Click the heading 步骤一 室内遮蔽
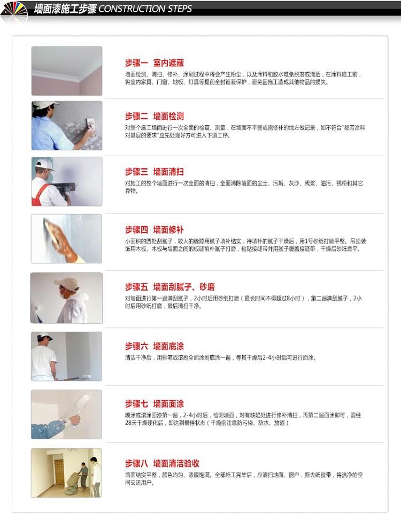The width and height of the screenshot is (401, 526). (x=154, y=63)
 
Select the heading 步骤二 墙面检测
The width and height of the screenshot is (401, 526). (x=154, y=117)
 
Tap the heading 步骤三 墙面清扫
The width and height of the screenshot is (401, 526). (x=154, y=172)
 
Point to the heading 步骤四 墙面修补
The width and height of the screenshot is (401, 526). (x=154, y=230)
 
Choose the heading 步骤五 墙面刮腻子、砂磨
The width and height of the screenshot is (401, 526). (x=169, y=287)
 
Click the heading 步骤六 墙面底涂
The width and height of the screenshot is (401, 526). (x=154, y=346)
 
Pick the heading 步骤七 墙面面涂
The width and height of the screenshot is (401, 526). (x=154, y=404)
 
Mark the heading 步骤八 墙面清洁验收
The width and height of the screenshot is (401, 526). (x=162, y=463)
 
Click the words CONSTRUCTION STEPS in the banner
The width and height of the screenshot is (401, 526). (x=145, y=9)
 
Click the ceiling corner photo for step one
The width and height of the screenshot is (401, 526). (x=67, y=71)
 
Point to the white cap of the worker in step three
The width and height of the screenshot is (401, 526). (x=44, y=164)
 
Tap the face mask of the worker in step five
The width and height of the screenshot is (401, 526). (x=63, y=293)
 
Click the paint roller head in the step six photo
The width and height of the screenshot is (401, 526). (x=86, y=376)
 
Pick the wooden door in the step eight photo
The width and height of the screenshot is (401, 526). (x=59, y=472)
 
